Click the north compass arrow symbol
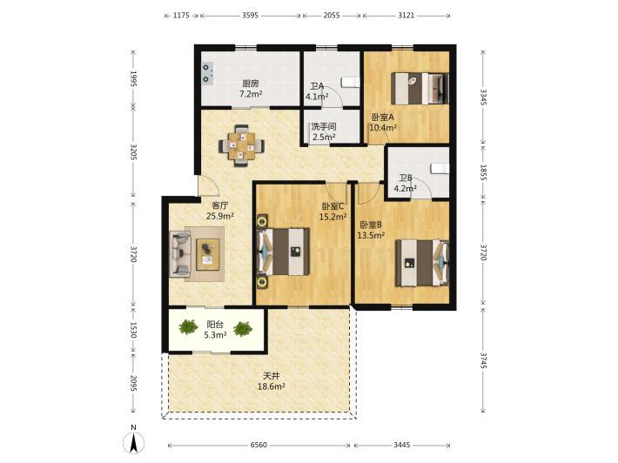(x=134, y=442)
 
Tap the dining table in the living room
(x=242, y=146)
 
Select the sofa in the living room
(x=179, y=254)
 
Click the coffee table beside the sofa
(x=208, y=254)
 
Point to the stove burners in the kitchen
(x=207, y=73)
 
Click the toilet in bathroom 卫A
(x=351, y=83)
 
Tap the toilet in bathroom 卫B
(x=440, y=168)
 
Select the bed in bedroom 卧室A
(x=420, y=88)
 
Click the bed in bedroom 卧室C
(x=283, y=252)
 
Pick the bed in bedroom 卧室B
(x=422, y=263)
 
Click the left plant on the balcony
(x=188, y=326)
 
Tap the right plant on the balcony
(x=242, y=328)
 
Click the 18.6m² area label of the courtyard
(x=272, y=387)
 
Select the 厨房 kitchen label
(x=251, y=84)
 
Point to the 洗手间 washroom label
(x=324, y=127)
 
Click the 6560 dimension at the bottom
(x=259, y=445)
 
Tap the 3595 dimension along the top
(x=250, y=16)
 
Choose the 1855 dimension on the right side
(x=483, y=171)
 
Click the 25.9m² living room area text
(x=220, y=216)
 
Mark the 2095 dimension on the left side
(x=133, y=383)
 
